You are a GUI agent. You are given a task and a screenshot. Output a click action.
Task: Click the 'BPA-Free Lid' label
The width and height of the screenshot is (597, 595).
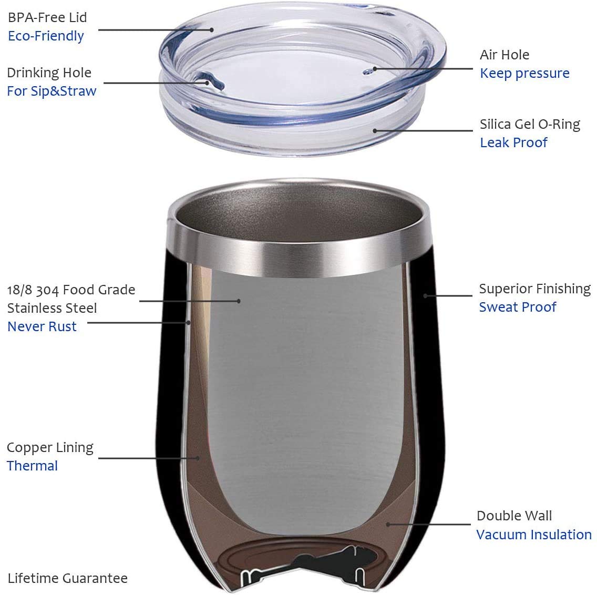(47, 17)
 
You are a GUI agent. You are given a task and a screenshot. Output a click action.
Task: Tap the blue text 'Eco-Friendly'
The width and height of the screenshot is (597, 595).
(46, 36)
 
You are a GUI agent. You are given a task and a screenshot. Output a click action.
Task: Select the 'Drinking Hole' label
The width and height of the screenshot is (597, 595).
(49, 73)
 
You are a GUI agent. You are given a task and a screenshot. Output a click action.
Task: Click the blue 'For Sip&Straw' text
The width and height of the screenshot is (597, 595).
(52, 91)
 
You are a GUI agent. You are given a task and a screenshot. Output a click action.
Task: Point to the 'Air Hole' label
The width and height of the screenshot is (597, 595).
(505, 55)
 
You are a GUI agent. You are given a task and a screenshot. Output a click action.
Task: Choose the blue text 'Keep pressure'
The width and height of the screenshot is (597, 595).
(524, 73)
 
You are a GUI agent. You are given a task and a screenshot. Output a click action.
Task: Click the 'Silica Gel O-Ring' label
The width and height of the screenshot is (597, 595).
(530, 124)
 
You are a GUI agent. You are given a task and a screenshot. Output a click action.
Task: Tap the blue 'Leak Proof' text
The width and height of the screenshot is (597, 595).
(513, 142)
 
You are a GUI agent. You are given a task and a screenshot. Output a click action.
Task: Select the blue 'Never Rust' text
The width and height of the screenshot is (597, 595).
(42, 326)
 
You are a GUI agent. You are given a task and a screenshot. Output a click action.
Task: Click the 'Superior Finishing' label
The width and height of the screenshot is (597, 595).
(535, 289)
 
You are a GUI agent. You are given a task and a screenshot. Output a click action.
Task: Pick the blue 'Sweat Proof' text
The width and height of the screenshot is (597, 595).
(518, 307)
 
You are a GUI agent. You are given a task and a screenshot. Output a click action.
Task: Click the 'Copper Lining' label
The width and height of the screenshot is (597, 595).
(50, 448)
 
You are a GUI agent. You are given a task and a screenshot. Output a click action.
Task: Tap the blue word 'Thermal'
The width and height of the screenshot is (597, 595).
(33, 466)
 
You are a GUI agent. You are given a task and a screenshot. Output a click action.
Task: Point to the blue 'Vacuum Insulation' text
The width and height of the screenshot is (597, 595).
(534, 535)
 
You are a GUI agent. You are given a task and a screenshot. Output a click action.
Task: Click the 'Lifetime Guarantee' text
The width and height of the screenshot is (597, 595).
(67, 578)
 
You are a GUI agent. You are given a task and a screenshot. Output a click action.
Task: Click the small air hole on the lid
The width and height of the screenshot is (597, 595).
(367, 71)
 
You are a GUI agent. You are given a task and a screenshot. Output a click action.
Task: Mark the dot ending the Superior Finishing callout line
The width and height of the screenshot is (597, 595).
(425, 295)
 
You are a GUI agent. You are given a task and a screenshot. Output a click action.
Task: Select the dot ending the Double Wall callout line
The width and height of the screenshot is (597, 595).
(388, 525)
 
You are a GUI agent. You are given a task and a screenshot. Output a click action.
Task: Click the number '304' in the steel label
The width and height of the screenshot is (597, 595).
(48, 290)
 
